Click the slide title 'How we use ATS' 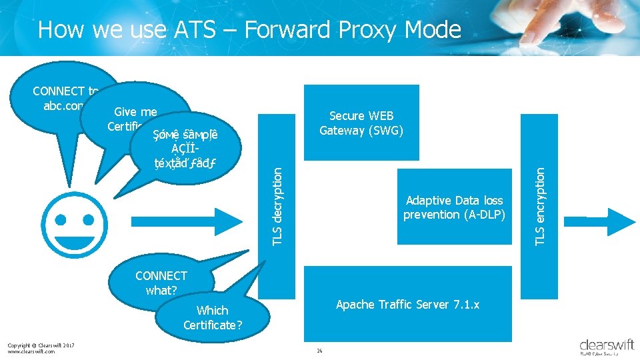click(249, 29)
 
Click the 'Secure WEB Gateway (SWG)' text click(361, 123)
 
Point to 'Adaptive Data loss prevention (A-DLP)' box click(454, 207)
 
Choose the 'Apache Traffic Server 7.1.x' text click(407, 305)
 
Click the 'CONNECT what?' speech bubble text click(161, 283)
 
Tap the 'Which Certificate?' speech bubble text click(213, 317)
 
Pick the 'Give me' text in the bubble click(135, 112)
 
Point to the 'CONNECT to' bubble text click(59, 91)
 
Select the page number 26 click(320, 351)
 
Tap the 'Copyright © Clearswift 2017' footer click(40, 345)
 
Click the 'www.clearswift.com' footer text click(31, 351)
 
